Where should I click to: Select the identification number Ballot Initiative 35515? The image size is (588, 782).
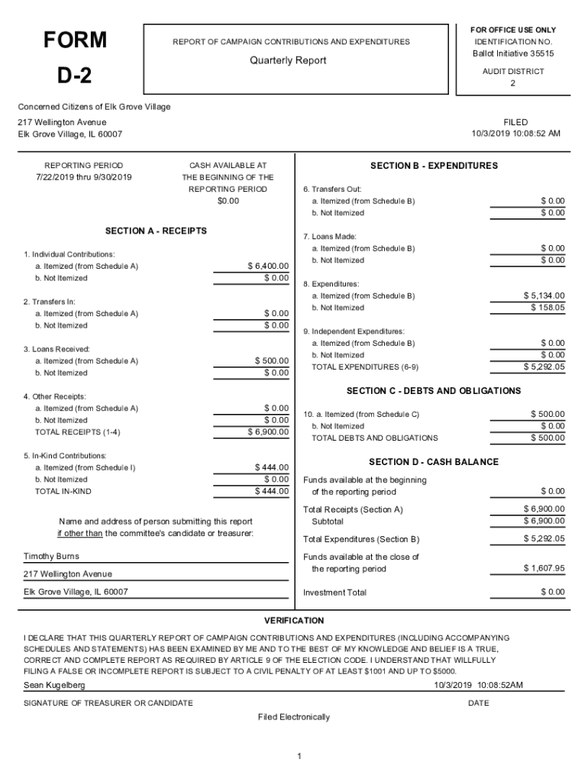[x=513, y=53]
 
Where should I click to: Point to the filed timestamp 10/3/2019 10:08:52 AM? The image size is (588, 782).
[x=515, y=134]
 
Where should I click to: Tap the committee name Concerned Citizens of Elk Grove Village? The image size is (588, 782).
[x=94, y=107]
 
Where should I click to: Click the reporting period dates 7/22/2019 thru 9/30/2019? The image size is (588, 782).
[x=84, y=177]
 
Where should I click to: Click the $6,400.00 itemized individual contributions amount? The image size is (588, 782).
[x=268, y=266]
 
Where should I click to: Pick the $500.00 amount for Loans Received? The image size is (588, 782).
[x=271, y=360]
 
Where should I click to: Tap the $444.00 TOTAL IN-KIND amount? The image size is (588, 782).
[x=271, y=491]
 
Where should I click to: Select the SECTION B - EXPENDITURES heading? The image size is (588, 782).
[x=434, y=166]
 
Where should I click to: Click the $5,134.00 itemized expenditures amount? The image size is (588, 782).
[x=544, y=296]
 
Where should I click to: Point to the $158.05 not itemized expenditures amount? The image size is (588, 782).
[x=548, y=308]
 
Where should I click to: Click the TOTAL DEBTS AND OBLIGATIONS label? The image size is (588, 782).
[x=375, y=438]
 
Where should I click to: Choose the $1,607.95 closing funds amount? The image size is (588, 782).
[x=544, y=569]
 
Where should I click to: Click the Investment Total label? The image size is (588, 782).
[x=334, y=593]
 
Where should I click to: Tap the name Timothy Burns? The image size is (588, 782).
[x=51, y=557]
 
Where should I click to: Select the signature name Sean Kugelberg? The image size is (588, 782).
[x=54, y=686]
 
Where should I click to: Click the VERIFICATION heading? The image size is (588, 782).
[x=294, y=621]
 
